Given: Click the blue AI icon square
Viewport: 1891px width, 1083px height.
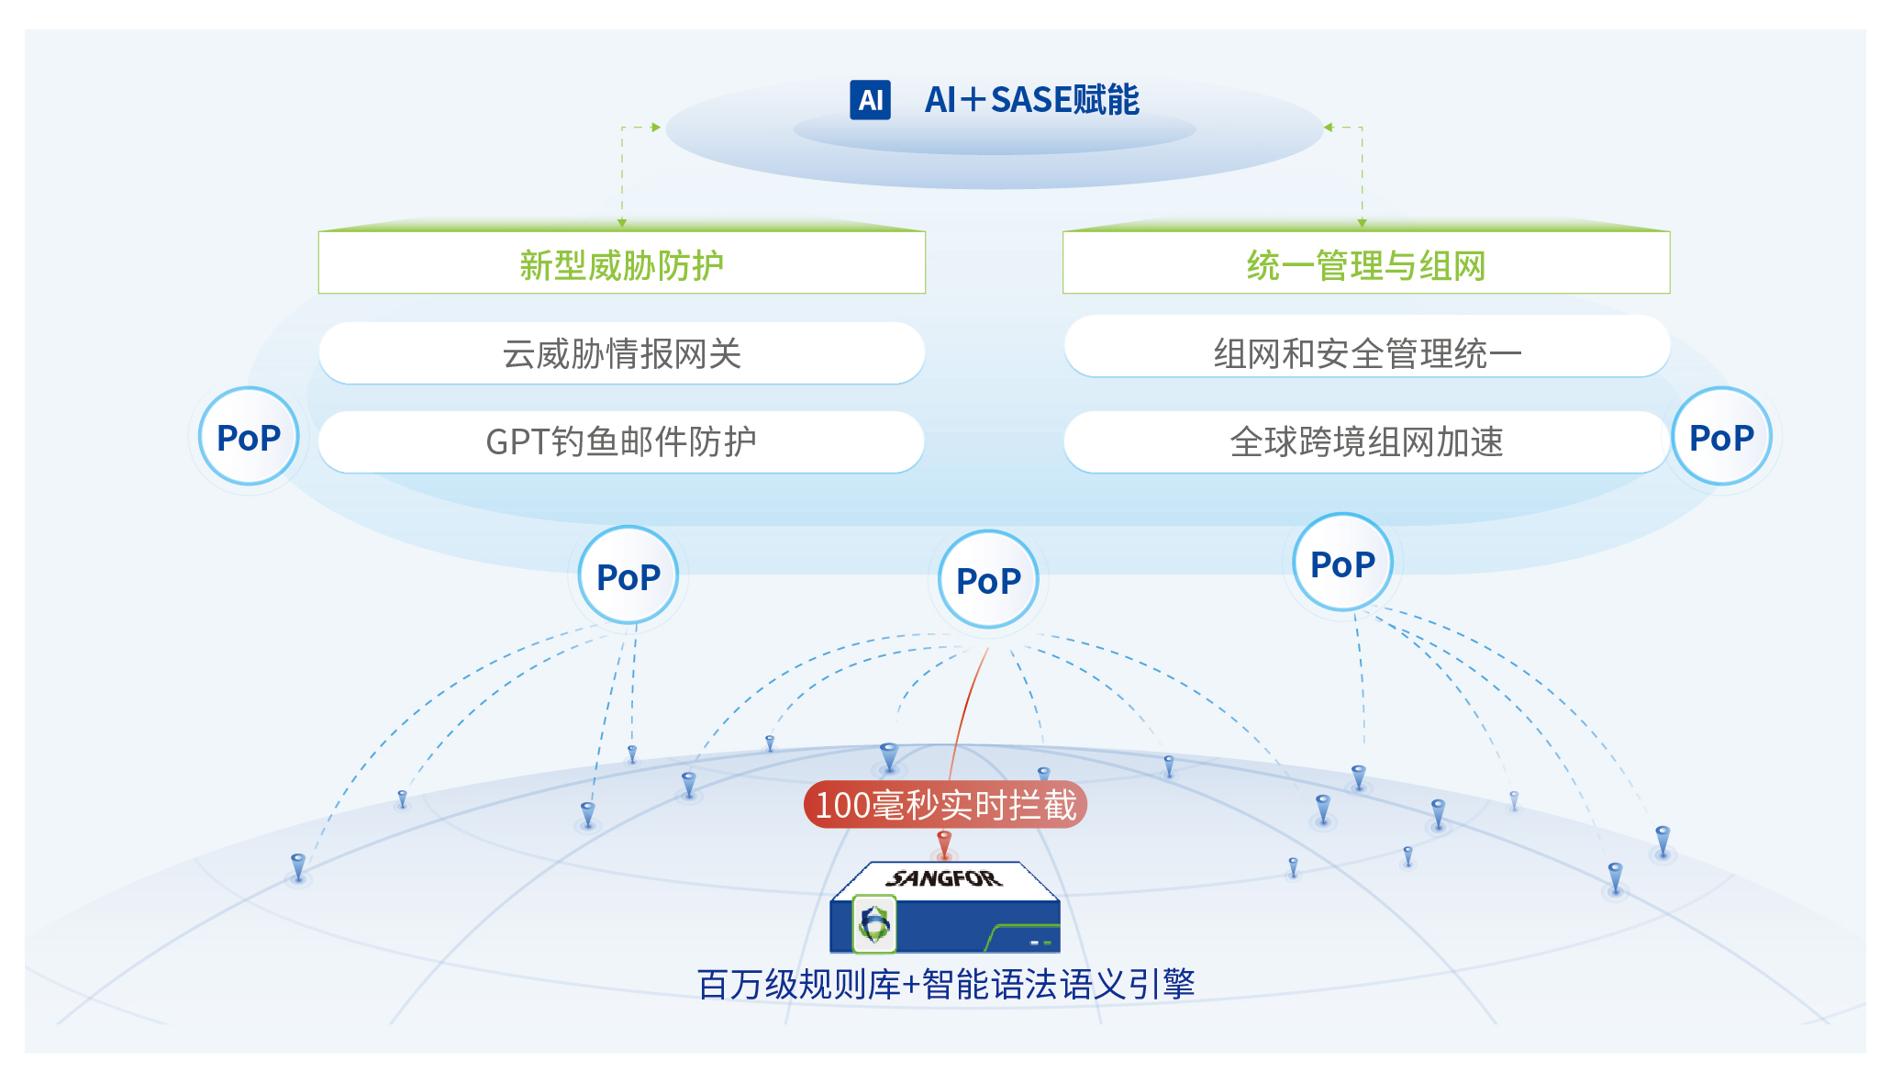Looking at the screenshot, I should (870, 100).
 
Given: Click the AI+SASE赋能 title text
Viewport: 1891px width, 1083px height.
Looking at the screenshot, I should (1031, 100).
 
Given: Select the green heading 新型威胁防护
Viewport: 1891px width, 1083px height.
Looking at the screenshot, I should (621, 265).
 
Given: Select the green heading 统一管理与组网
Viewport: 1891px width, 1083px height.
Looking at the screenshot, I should (1365, 265).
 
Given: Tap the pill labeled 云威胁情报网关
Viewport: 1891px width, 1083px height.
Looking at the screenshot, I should (621, 353).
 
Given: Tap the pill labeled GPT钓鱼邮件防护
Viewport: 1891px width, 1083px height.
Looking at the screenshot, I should (621, 441).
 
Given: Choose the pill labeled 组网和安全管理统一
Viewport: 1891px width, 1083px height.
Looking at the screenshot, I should (1366, 353).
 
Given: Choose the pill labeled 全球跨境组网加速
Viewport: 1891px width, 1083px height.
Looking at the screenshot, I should (1366, 441).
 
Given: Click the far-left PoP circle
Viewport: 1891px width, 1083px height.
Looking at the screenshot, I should (249, 437).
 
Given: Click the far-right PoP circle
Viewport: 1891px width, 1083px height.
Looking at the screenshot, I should (1721, 437).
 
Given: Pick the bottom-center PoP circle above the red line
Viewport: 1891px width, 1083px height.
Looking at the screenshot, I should (988, 580).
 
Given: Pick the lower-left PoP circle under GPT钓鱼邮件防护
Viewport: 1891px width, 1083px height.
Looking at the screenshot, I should (628, 576).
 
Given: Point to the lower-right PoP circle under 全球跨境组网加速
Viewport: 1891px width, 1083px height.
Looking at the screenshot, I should (1342, 564).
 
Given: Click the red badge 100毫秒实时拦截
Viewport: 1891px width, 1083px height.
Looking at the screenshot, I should (945, 805).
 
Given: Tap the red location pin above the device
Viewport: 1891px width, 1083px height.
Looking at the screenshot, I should (944, 842).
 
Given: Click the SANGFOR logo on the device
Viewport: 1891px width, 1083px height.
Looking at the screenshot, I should (944, 878).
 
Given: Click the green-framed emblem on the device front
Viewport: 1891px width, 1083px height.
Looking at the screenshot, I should (874, 924).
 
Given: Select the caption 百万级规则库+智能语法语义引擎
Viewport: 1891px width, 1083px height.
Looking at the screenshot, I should (945, 984).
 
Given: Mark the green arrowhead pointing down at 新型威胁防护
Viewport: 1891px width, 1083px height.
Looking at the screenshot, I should (622, 223).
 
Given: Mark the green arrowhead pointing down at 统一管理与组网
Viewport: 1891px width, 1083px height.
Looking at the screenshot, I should (1362, 223).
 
